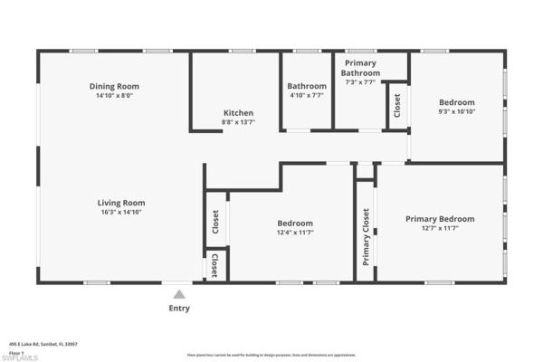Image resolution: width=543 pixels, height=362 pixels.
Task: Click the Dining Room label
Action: pos(120,86)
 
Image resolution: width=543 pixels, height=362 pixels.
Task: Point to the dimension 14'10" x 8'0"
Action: pos(120,95)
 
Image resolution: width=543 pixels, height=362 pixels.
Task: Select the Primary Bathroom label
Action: pos(360,68)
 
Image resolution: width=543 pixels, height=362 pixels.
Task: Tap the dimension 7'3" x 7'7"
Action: pos(360,82)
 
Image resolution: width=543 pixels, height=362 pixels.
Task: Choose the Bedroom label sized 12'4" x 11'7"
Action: pos(295,223)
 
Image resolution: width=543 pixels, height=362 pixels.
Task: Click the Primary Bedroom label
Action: pos(440,218)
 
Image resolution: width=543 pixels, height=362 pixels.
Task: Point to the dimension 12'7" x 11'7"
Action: pos(440,228)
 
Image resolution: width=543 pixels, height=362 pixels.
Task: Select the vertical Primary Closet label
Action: pos(366,237)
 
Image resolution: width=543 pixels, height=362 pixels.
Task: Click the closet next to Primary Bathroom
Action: pos(396,106)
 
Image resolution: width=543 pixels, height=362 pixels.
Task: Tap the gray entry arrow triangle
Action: pos(179,293)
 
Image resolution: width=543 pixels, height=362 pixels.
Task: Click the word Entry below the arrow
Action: pos(179,309)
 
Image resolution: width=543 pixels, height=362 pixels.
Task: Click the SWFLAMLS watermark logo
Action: pos(19,357)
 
